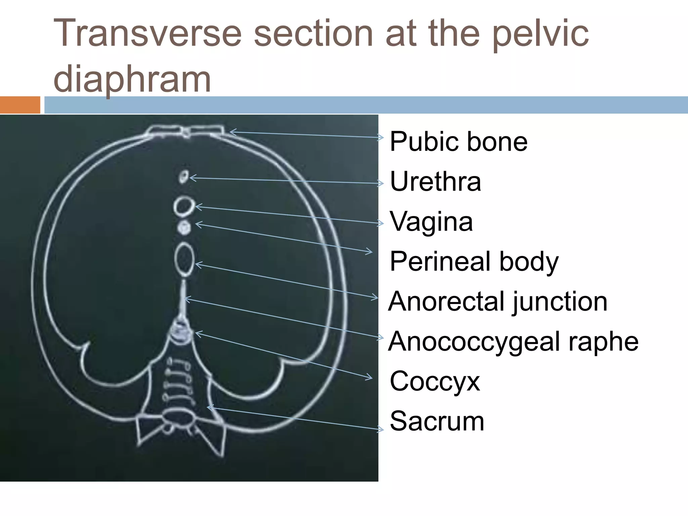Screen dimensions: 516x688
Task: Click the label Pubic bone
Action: pyautogui.click(x=458, y=142)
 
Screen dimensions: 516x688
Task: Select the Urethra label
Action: pyautogui.click(x=435, y=181)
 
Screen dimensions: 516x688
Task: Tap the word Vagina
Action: pyautogui.click(x=431, y=222)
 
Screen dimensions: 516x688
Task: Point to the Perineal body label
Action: pyautogui.click(x=474, y=262)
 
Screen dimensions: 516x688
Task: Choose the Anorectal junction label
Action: pyautogui.click(x=498, y=301)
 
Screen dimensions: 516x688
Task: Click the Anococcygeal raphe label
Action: pyautogui.click(x=513, y=341)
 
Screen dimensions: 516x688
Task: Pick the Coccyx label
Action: pyautogui.click(x=435, y=382)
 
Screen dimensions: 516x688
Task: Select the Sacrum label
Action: pyautogui.click(x=437, y=421)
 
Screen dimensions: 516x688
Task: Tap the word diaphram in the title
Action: pyautogui.click(x=132, y=79)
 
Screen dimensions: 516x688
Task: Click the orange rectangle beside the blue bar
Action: pyautogui.click(x=20, y=105)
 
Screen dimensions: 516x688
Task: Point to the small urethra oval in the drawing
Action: pyautogui.click(x=183, y=177)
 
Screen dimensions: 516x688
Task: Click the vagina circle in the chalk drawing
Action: pyautogui.click(x=184, y=206)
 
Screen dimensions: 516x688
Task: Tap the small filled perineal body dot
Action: pyautogui.click(x=184, y=227)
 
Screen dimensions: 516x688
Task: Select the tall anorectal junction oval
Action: pyautogui.click(x=184, y=259)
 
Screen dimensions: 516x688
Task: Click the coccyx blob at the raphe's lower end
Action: pyautogui.click(x=182, y=331)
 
